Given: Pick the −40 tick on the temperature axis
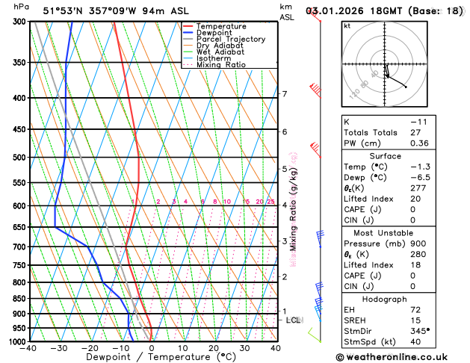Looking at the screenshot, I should pos(29,348).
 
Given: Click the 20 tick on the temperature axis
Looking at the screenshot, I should pos(214,348).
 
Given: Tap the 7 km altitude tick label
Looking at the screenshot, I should pos(284,94).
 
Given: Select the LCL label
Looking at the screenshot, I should pos(294,320).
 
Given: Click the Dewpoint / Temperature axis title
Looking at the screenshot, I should pos(152,357).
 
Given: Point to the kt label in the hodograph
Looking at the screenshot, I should pos(347,26).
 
